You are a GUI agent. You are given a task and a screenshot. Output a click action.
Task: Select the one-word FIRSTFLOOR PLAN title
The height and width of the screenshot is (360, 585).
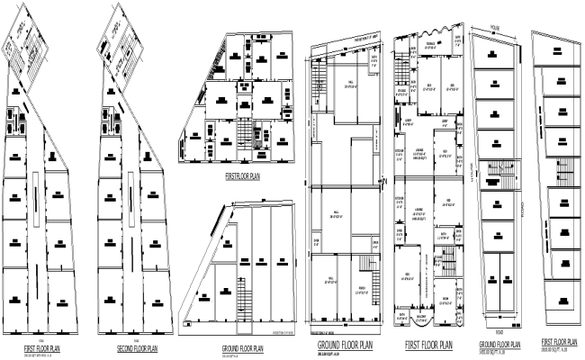click(242, 176)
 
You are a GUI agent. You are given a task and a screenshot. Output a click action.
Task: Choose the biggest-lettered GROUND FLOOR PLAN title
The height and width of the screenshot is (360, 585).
click(346, 345)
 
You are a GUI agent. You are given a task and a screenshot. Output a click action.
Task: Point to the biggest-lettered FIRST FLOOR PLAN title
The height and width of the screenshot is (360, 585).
click(429, 345)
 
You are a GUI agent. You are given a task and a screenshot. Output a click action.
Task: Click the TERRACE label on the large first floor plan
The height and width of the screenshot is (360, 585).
click(430, 43)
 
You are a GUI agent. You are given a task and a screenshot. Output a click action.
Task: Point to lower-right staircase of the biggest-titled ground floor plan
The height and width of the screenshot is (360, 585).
click(367, 264)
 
